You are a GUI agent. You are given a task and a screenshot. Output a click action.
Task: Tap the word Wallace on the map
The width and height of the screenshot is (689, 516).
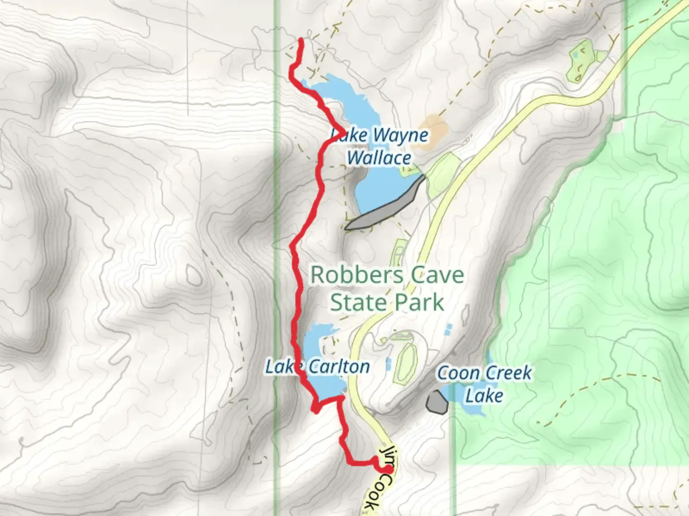point(379,158)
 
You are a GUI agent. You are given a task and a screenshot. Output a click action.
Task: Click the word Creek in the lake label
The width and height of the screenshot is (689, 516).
point(508,373)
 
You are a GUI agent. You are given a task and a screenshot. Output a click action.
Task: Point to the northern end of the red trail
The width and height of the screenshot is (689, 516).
point(301,41)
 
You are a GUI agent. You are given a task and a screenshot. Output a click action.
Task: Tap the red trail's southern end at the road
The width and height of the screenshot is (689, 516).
point(389,470)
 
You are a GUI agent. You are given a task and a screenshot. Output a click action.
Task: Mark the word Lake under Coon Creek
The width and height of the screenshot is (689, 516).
point(484,396)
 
